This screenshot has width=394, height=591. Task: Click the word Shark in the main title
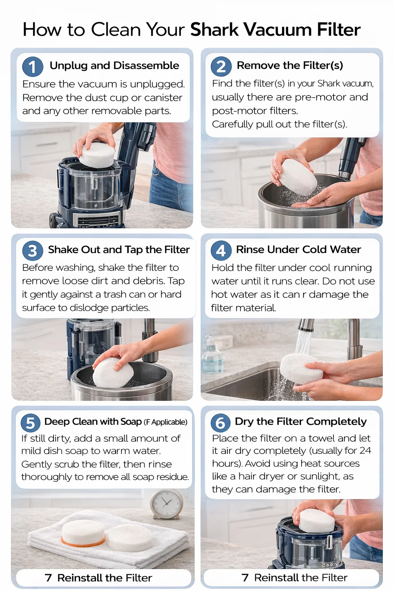(x=214, y=30)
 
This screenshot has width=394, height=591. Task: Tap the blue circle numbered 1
(x=32, y=67)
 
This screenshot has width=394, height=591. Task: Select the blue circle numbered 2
(x=221, y=67)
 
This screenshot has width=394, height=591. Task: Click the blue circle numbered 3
(x=32, y=251)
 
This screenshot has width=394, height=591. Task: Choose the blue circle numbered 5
(x=30, y=423)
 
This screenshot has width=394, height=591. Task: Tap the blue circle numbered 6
(x=220, y=423)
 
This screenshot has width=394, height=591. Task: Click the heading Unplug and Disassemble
(x=114, y=65)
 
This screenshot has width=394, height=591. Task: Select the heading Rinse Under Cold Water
(x=298, y=249)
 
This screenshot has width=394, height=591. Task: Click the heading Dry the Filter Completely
(x=301, y=421)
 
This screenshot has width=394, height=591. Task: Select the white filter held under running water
(x=301, y=369)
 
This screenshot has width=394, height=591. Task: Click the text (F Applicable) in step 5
(x=165, y=422)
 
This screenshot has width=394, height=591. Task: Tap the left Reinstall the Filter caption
(x=98, y=578)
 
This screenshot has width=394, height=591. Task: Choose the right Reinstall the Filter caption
(x=295, y=578)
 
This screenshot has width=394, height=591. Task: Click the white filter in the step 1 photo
(x=97, y=154)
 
